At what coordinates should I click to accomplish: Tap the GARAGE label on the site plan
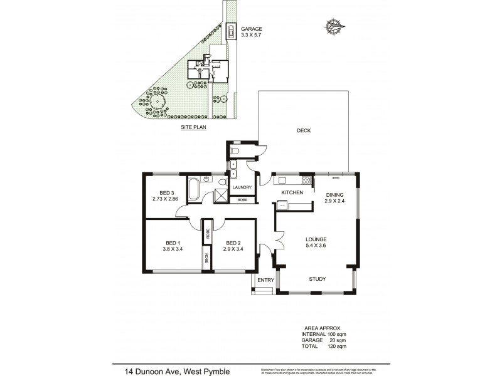251,29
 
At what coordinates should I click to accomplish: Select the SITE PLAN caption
194,127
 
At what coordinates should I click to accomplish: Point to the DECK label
304,130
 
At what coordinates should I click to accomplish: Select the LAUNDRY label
242,187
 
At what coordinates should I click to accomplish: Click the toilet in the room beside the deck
236,151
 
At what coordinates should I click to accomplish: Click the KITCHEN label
292,192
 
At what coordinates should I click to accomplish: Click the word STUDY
318,279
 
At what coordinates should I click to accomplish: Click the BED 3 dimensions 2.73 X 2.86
165,199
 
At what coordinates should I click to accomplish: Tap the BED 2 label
233,243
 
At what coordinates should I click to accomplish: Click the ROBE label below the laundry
242,200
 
